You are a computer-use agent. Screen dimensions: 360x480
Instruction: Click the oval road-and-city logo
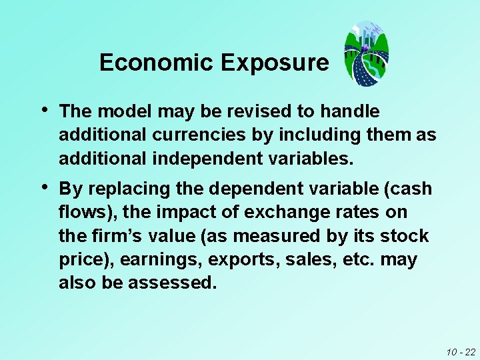pyautogui.click(x=366, y=53)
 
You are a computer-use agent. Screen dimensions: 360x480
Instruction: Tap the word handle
pyautogui.click(x=351, y=111)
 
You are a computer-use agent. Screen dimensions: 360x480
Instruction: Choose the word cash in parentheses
pyautogui.click(x=410, y=189)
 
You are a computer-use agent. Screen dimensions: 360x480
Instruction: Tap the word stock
pyautogui.click(x=405, y=236)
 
